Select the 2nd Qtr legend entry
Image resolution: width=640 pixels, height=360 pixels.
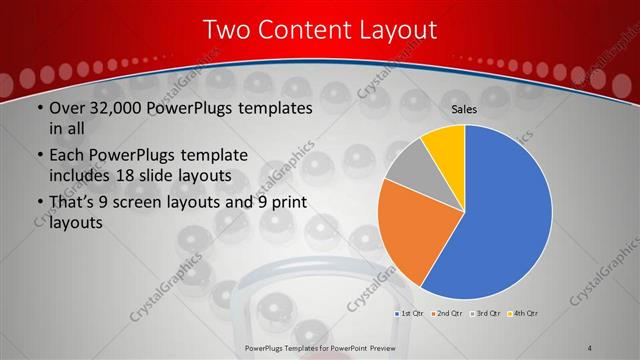[445, 314]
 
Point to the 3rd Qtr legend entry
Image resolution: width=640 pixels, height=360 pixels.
[483, 314]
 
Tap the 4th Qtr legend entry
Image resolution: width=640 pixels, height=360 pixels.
[522, 314]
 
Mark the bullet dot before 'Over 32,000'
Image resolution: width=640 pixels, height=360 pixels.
[38, 108]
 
